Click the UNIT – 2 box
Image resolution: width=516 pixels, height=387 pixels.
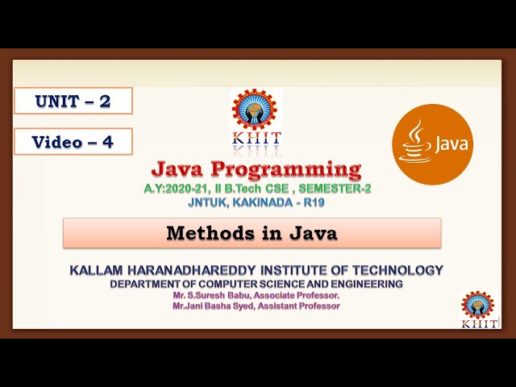(x=73, y=101)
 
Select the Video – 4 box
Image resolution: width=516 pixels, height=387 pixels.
(x=73, y=142)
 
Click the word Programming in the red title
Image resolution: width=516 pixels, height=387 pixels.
(x=285, y=169)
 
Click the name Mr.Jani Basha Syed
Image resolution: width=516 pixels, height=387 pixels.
(x=213, y=306)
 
